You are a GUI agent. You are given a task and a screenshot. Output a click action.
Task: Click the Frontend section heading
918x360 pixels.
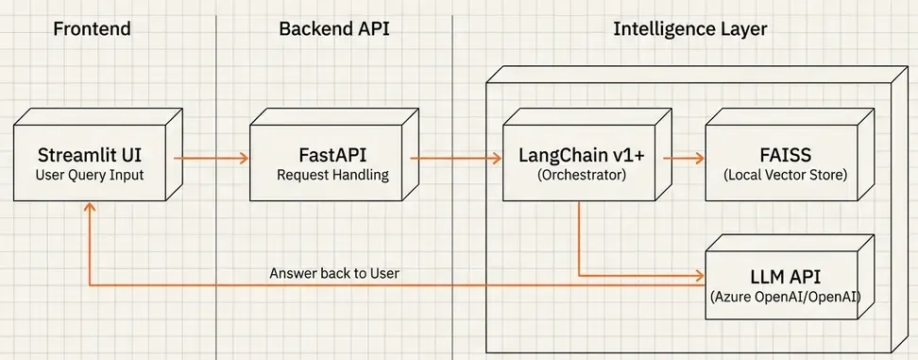click(92, 28)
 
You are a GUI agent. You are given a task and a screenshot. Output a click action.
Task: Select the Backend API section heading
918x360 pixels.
click(333, 28)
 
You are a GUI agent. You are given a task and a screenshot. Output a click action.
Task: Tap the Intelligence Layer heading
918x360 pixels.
click(689, 28)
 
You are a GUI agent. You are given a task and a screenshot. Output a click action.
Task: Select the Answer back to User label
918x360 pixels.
click(334, 273)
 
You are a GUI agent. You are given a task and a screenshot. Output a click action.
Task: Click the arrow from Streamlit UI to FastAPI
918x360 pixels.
click(210, 159)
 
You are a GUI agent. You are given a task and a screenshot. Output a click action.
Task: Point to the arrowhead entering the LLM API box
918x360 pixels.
click(701, 276)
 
